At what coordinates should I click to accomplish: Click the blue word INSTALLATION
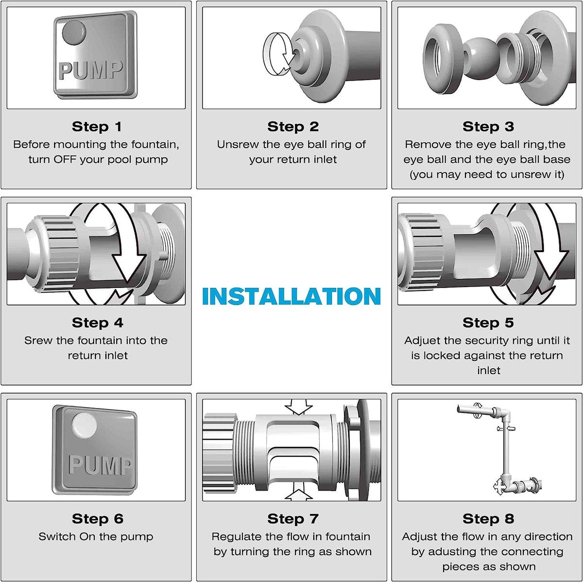[x=291, y=296]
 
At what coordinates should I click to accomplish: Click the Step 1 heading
[x=97, y=126]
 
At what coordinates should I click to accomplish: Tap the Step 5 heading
[x=488, y=323]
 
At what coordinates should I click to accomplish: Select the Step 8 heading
[x=488, y=519]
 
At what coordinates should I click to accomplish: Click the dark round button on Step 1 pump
[x=74, y=33]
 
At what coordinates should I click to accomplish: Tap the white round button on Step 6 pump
[x=85, y=426]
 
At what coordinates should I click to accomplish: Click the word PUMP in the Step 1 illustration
[x=91, y=70]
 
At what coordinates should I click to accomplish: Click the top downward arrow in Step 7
[x=298, y=407]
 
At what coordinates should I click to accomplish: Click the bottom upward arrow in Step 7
[x=299, y=492]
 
